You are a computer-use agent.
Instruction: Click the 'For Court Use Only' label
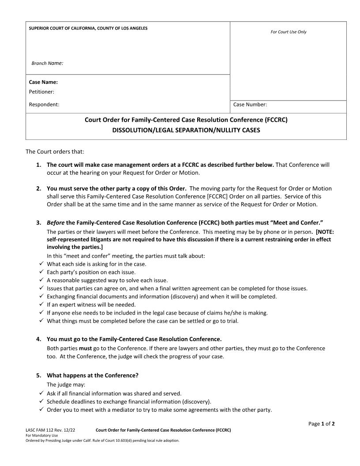(x=288, y=32)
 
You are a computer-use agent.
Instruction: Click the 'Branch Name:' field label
(x=47, y=63)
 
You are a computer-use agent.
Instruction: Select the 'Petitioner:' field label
(x=41, y=92)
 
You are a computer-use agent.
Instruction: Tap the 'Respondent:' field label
(x=44, y=105)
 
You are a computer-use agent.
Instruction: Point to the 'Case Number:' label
(x=250, y=105)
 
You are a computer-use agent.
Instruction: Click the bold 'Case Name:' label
(x=43, y=82)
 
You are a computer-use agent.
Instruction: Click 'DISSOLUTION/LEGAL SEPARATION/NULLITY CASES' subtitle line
(x=186, y=130)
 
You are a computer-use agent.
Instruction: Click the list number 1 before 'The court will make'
(x=39, y=165)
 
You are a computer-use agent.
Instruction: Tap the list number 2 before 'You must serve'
(x=39, y=188)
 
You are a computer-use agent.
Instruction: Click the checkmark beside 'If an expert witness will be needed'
(x=41, y=304)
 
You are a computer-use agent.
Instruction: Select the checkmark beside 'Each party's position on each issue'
(x=41, y=272)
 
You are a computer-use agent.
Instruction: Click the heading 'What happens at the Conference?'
(x=93, y=375)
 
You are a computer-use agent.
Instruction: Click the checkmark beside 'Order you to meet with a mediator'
(x=41, y=410)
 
